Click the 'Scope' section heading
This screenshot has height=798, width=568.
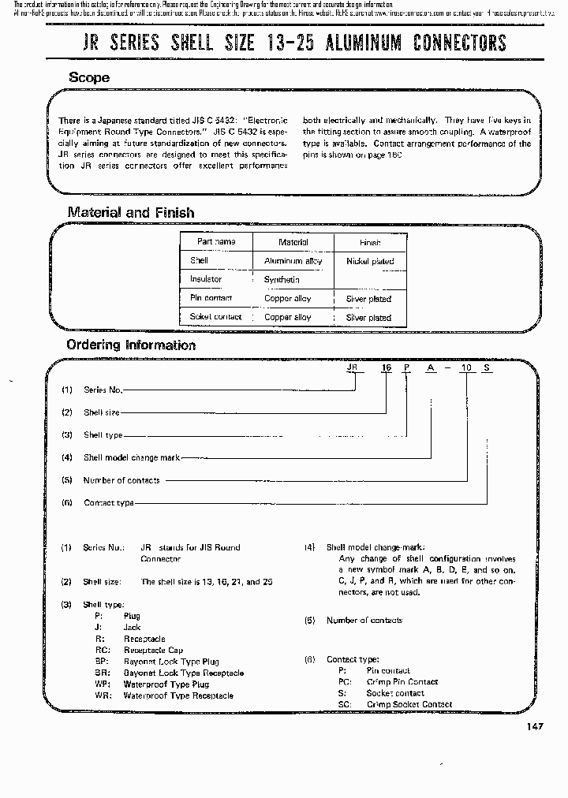pos(88,77)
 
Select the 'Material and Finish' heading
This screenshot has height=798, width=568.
pos(130,212)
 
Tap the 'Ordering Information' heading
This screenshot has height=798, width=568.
pos(130,345)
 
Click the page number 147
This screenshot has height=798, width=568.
pos(533,727)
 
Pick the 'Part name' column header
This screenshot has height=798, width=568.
pos(216,242)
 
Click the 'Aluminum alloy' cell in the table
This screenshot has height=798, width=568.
pos(293,261)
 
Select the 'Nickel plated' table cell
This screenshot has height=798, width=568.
pos(369,261)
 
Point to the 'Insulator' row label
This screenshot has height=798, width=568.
pos(206,279)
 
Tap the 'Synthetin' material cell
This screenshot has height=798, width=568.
pos(282,280)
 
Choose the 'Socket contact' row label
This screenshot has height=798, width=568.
pos(215,317)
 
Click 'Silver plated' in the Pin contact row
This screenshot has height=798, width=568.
pos(368,299)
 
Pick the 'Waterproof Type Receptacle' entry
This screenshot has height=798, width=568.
pos(178,695)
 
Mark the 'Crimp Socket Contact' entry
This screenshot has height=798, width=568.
pos(409,704)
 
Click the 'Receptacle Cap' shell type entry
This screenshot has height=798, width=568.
pos(153,650)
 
